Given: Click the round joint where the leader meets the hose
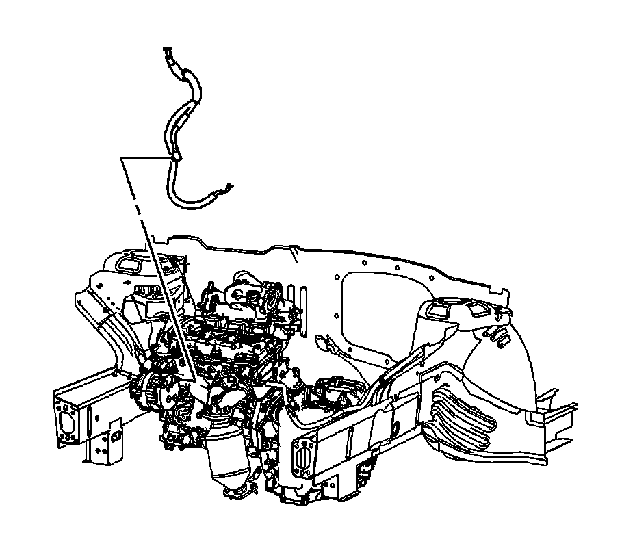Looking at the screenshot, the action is [175, 158].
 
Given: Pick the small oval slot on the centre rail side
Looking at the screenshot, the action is [396, 428].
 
